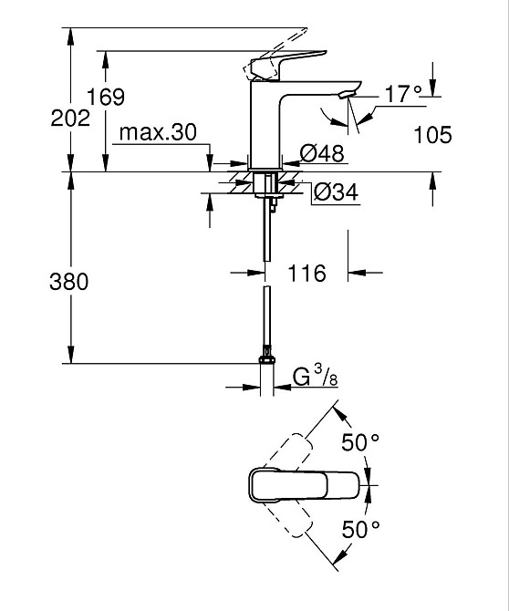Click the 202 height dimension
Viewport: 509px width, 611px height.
(x=70, y=118)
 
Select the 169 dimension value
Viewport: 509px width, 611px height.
(x=105, y=97)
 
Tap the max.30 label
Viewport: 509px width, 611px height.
(x=158, y=132)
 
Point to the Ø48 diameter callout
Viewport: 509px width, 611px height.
(x=322, y=153)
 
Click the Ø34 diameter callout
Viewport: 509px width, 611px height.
(x=336, y=192)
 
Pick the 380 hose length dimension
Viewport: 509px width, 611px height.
(x=69, y=282)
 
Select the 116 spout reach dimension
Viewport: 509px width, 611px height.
(x=306, y=274)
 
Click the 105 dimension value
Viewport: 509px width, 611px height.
(x=432, y=135)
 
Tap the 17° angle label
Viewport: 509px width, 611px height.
(x=403, y=94)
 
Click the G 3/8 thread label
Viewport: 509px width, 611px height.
(x=316, y=377)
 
